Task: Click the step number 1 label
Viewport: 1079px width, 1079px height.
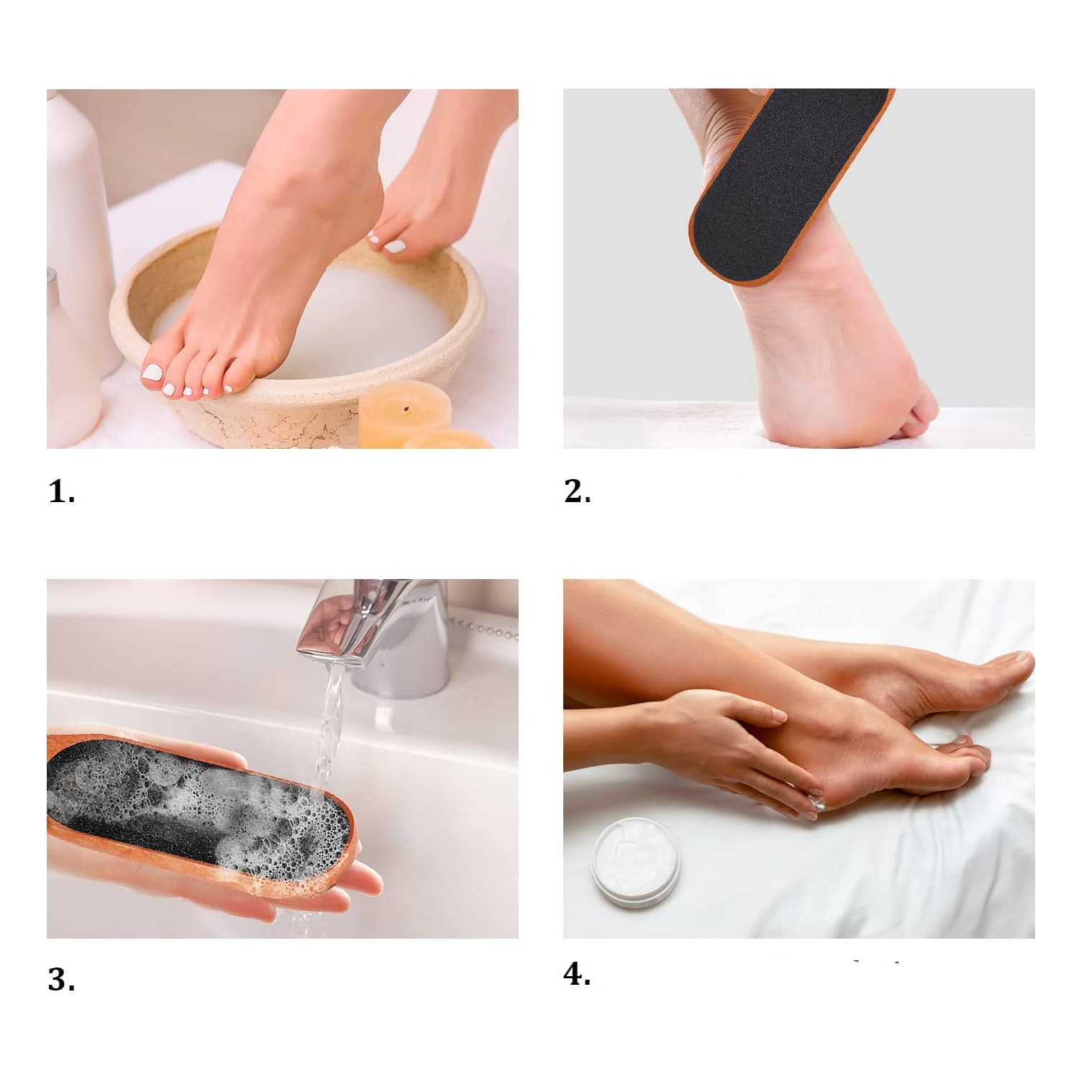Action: click(61, 492)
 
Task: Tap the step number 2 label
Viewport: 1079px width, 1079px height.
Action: click(577, 491)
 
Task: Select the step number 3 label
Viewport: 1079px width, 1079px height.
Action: click(61, 980)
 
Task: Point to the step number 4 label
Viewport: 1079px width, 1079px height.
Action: click(577, 974)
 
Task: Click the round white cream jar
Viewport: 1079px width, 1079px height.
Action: click(635, 862)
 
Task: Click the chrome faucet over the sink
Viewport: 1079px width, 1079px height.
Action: click(381, 633)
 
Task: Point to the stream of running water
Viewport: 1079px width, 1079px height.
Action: click(329, 727)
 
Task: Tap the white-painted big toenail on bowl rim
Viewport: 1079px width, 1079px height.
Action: click(152, 372)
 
